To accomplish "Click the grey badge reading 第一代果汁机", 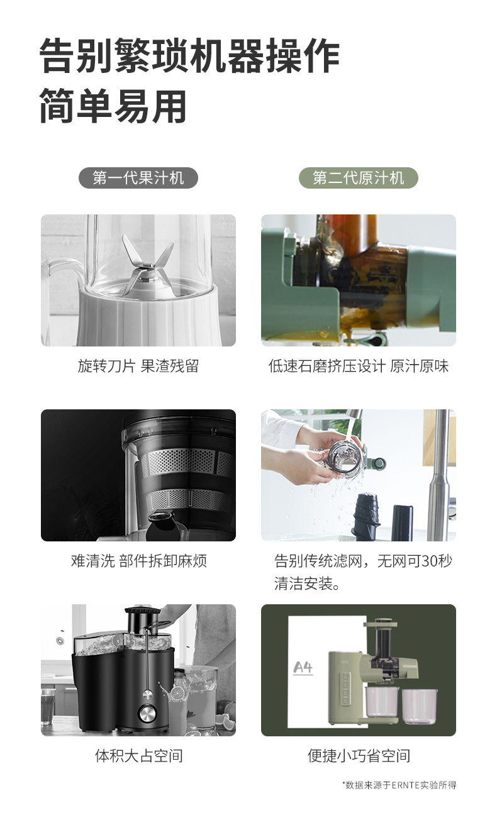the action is [138, 178].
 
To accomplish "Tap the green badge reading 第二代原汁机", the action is [359, 178].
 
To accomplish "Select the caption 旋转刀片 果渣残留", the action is [138, 366].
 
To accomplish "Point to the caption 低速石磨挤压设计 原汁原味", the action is [359, 366].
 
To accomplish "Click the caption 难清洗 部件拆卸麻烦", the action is [138, 561].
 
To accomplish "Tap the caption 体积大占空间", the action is [138, 756].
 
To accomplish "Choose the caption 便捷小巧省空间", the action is [359, 756].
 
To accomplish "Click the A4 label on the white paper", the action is [303, 668].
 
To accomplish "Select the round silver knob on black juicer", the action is [147, 712].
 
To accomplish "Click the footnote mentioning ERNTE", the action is [399, 785].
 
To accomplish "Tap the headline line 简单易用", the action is [113, 106].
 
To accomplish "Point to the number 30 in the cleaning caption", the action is [429, 561].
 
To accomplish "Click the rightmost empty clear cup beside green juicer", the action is [420, 706].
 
